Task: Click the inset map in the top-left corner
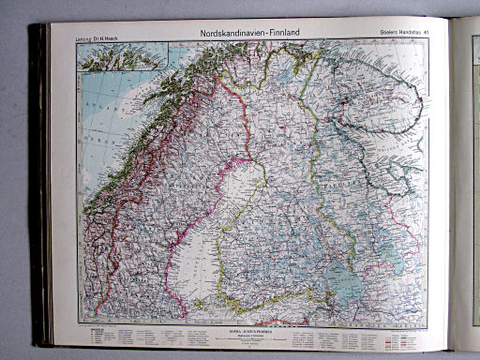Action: point(122,55)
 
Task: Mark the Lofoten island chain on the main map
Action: point(150,94)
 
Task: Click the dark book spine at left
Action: point(38,187)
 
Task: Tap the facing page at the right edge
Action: point(466,187)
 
